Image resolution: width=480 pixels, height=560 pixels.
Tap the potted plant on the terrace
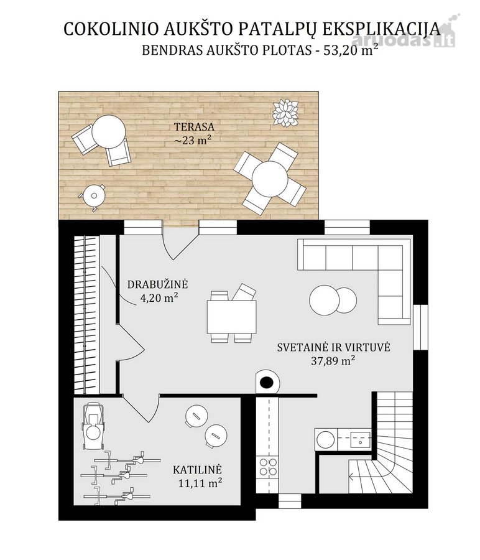285,113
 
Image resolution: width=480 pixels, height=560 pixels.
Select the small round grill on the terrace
94,196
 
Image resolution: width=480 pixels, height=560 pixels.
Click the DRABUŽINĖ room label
157,284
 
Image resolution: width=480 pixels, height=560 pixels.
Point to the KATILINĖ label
197,469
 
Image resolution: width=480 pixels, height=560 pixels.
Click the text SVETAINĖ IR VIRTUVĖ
334,347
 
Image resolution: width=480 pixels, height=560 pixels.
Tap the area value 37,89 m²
333,360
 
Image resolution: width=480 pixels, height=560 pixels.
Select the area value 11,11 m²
200,483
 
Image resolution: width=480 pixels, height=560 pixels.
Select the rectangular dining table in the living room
232,317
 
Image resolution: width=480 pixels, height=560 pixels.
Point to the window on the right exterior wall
420,327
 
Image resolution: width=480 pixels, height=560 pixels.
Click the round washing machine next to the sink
325,439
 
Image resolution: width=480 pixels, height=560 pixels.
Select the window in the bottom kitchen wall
290,501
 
